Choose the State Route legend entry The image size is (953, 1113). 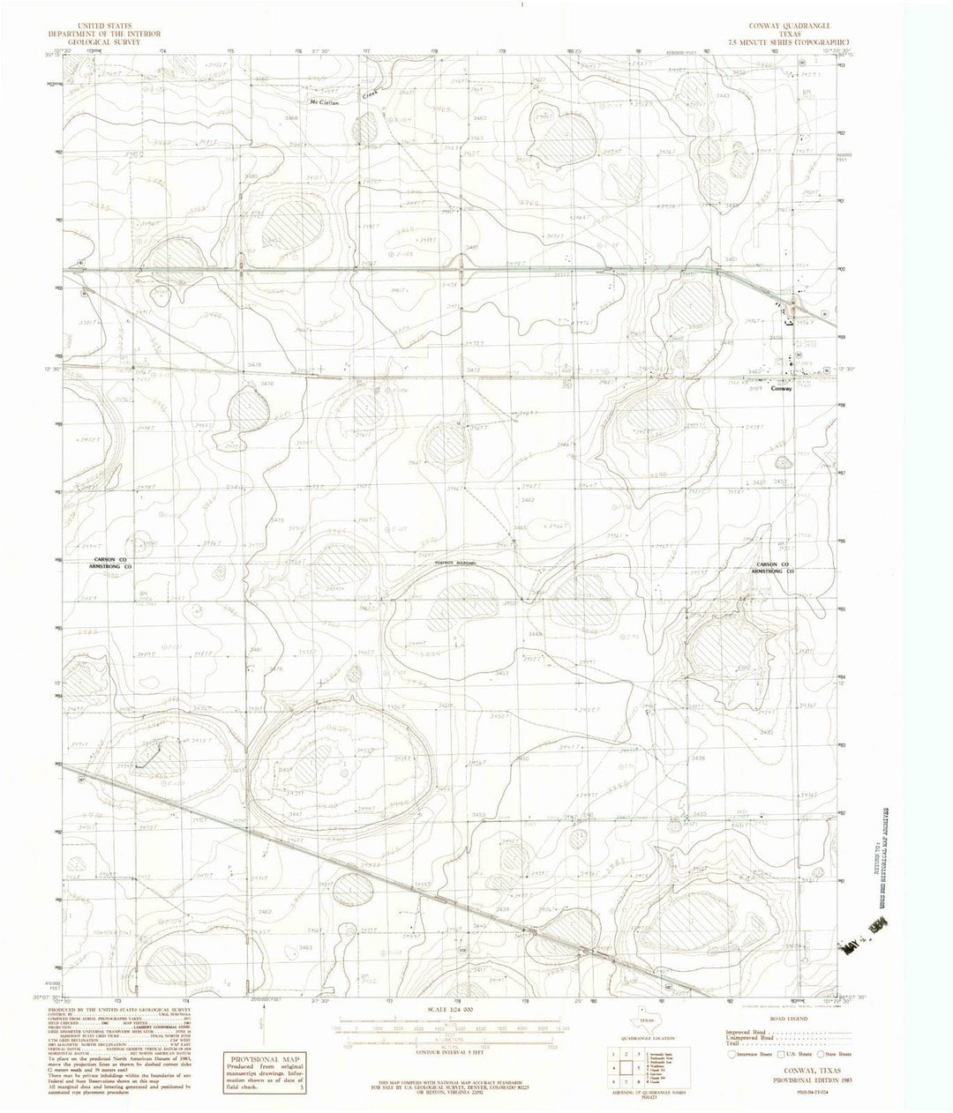[x=832, y=1053]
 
